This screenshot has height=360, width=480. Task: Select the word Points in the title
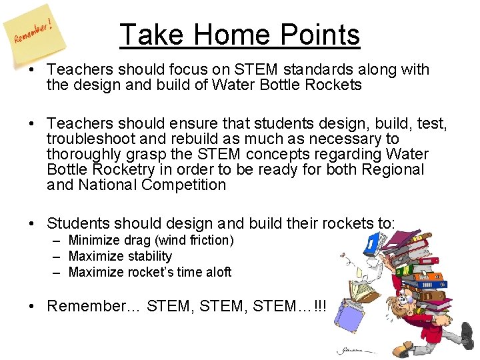[x=320, y=35]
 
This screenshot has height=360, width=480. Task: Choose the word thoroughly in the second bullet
[x=84, y=154]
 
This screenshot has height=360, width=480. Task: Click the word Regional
[x=390, y=169]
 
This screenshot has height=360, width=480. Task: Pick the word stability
[x=147, y=256]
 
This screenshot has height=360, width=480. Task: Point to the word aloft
[x=217, y=272]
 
